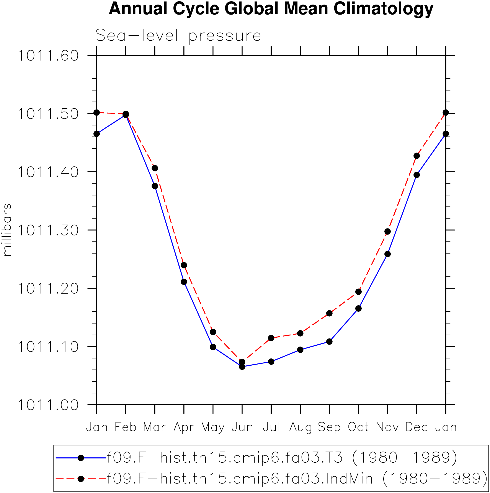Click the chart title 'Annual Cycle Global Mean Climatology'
(x=271, y=9)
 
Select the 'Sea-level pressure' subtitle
(x=178, y=35)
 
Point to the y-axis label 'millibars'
(x=7, y=230)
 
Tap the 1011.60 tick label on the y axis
(x=48, y=55)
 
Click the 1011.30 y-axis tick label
(x=48, y=230)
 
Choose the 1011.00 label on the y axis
(x=48, y=405)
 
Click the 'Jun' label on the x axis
(x=242, y=427)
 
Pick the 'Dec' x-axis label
(x=416, y=427)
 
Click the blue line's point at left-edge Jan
(x=97, y=134)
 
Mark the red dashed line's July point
(x=271, y=338)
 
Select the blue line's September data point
(x=329, y=341)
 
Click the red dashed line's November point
(x=387, y=232)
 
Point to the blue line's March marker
(x=155, y=186)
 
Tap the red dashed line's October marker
(x=358, y=292)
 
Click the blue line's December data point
(x=416, y=175)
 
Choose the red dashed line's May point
(x=213, y=332)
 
